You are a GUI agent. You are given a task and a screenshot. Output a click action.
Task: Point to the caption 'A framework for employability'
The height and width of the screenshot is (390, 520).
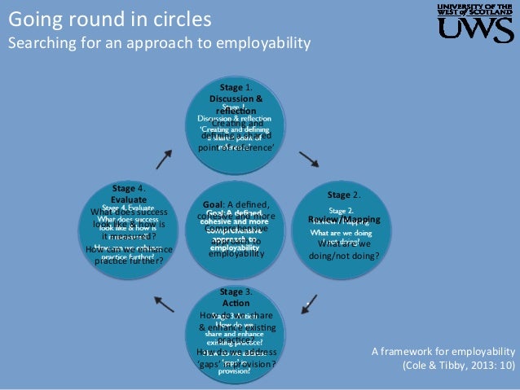pos(443,352)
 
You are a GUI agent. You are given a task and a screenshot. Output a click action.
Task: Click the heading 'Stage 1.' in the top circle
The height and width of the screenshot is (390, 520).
pos(236,86)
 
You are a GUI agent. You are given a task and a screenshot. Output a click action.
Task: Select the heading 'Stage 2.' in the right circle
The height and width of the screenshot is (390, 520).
pos(344,195)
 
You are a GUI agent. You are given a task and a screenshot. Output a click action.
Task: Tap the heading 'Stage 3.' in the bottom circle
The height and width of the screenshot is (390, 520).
pos(236,291)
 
